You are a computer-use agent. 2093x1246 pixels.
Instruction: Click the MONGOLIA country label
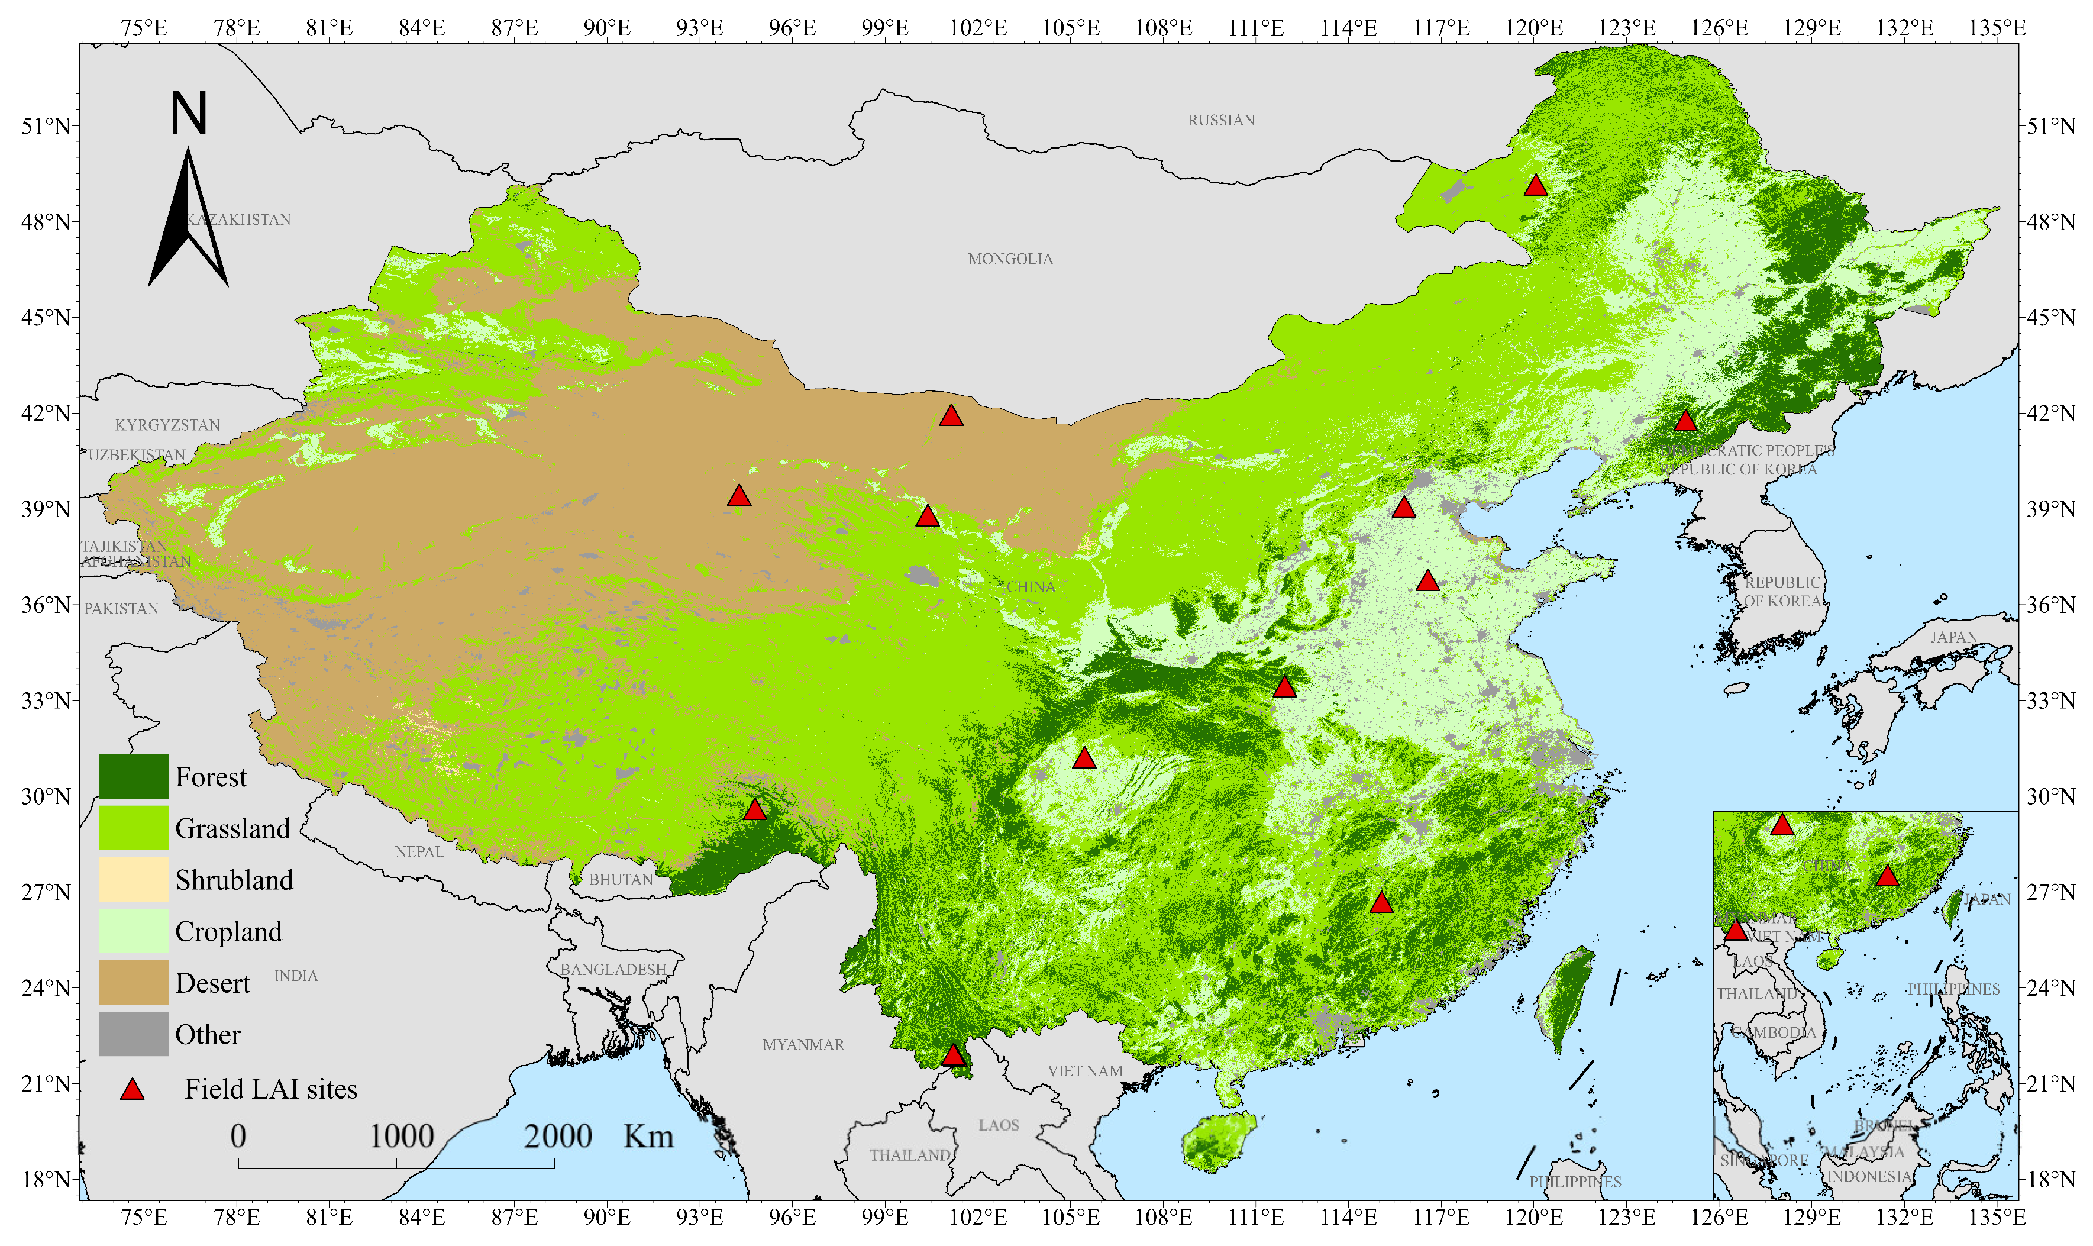pos(1010,259)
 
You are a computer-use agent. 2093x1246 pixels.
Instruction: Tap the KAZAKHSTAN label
pos(238,219)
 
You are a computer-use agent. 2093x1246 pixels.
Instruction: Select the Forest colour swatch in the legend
pos(134,776)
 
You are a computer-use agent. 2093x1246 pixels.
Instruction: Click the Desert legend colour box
pos(134,982)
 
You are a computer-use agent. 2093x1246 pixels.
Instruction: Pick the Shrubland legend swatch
pos(134,879)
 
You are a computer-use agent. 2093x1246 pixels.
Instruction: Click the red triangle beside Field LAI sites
pos(133,1090)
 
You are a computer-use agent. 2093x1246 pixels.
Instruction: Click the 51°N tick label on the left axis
pos(46,126)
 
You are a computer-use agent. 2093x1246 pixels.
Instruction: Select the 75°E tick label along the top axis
pos(144,28)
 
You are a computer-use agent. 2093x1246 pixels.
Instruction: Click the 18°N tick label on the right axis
pos(2051,1180)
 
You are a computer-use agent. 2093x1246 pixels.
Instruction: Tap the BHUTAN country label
pos(621,879)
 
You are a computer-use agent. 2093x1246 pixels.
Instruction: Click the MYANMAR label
pos(803,1044)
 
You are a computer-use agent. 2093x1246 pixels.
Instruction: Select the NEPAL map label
pos(419,851)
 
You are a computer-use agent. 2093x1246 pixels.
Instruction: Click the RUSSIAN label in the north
pos(1220,120)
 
